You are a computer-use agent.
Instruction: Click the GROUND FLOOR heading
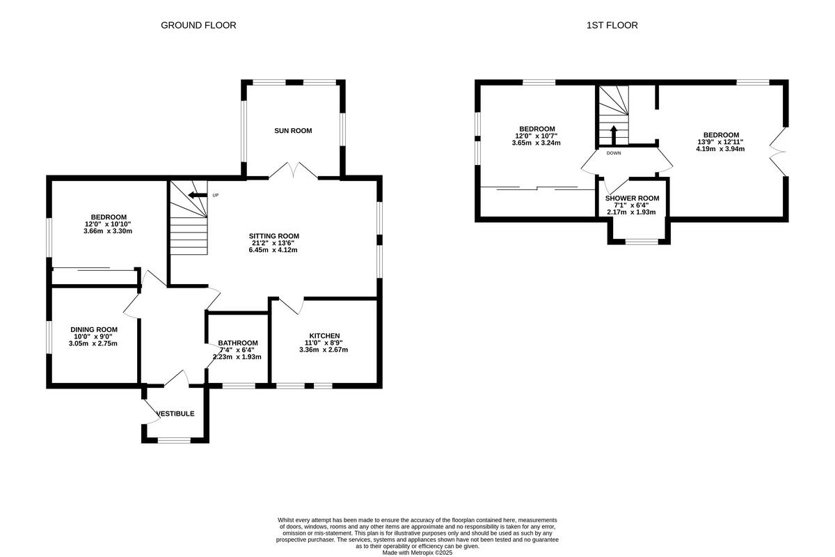point(198,25)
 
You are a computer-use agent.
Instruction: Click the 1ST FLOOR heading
point(612,25)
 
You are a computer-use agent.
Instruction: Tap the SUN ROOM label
point(292,131)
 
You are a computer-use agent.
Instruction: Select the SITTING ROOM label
point(274,236)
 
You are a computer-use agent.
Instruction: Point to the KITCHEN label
point(324,336)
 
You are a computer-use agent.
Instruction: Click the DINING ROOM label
point(94,329)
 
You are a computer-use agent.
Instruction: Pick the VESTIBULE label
point(175,414)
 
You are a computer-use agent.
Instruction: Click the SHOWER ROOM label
point(632,198)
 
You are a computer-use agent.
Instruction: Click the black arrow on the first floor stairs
point(613,133)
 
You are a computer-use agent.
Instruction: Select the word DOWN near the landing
point(614,152)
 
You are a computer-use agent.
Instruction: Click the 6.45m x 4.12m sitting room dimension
point(274,250)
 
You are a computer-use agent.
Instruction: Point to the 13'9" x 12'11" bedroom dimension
point(721,141)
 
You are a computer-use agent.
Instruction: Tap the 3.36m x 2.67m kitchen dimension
point(324,350)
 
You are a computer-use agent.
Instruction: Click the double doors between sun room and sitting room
point(294,171)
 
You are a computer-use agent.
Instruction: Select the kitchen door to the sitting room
point(291,304)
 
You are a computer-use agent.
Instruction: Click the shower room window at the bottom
point(641,242)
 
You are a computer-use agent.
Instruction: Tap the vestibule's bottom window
point(174,439)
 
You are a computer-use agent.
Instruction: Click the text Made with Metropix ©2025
point(417,553)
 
